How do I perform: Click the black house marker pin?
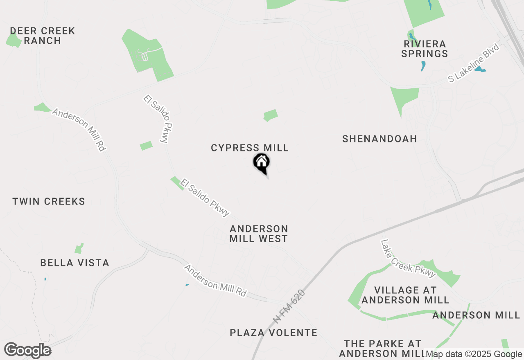click(x=261, y=163)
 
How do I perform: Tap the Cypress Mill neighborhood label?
click(x=250, y=148)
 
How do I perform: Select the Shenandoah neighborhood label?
click(x=379, y=139)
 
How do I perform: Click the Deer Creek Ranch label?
click(x=42, y=36)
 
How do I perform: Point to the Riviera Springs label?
click(x=425, y=48)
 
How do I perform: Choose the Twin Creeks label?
click(x=49, y=201)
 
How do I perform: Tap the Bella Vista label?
click(x=75, y=263)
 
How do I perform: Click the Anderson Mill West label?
click(x=259, y=234)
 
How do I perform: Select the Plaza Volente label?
click(x=273, y=333)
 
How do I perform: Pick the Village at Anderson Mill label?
click(x=405, y=295)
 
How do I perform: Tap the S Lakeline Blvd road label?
click(x=474, y=63)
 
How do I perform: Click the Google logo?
click(x=27, y=351)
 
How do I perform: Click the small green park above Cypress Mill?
click(x=270, y=115)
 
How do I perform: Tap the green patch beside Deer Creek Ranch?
click(x=14, y=40)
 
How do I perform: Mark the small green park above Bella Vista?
click(x=79, y=249)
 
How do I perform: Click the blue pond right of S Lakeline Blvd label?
click(x=480, y=69)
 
